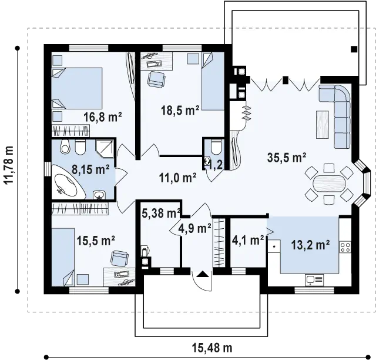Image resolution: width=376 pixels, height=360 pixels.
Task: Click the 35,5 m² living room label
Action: coord(287,158)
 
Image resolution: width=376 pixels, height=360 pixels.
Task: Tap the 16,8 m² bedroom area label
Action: coord(103,117)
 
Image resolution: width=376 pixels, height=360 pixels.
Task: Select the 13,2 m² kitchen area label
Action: coord(310,245)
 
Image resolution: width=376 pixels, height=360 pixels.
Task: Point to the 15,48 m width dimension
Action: coord(212,348)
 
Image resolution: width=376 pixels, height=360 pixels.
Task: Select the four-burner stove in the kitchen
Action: coord(345,247)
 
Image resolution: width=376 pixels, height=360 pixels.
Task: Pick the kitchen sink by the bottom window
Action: coord(314,280)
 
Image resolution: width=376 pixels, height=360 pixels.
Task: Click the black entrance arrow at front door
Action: coord(203,274)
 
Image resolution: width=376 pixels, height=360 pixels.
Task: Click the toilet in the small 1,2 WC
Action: coord(216,147)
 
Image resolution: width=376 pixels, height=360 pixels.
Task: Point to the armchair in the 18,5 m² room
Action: coord(156,79)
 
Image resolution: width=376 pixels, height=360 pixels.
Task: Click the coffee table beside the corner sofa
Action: coord(323,124)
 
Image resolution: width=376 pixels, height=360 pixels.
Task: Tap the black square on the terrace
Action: coord(354,49)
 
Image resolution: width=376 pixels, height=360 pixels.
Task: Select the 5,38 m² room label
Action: coord(161,213)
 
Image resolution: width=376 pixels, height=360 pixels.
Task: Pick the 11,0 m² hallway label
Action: coord(177,178)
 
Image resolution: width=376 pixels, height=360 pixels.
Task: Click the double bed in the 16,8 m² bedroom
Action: coord(77,88)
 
